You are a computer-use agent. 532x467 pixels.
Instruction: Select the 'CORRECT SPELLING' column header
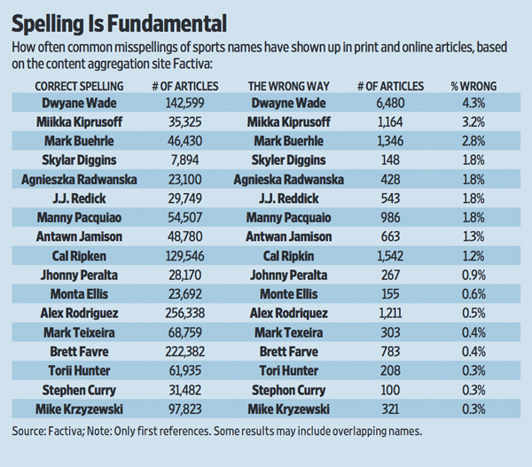point(79,86)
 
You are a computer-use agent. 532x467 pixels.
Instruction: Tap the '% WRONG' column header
point(473,86)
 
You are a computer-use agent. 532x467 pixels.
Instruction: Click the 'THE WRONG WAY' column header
point(288,86)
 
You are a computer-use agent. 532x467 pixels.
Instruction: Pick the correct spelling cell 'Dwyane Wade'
point(79,104)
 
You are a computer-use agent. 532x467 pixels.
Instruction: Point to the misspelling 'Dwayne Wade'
point(289,104)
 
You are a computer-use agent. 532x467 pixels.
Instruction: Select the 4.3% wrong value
point(473,104)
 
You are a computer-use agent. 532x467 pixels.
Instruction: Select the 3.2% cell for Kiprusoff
point(473,122)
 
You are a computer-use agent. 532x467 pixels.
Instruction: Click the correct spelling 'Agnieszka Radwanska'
point(79,179)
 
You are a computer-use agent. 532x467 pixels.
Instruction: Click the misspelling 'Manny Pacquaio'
point(289,217)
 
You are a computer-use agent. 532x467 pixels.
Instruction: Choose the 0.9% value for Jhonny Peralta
point(473,275)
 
